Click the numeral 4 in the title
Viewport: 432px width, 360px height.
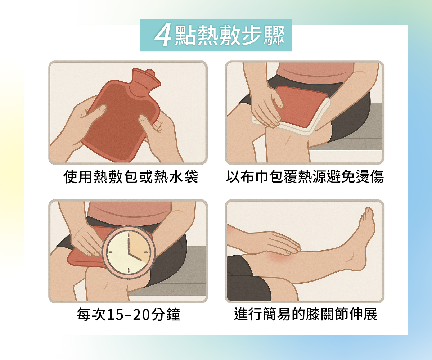pos(163,36)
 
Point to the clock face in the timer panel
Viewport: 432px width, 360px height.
pos(129,252)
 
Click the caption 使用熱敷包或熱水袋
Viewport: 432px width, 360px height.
pos(131,177)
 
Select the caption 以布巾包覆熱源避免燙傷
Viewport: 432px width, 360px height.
pos(305,177)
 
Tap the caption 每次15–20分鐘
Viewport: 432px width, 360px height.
pos(129,314)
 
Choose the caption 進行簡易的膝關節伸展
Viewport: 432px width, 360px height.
pos(306,314)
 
